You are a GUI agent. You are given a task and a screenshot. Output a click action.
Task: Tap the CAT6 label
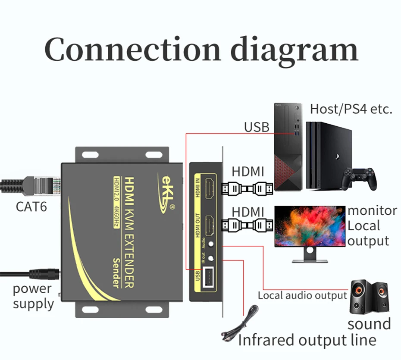pyautogui.click(x=31, y=206)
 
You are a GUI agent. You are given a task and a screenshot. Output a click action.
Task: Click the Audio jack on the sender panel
pyautogui.click(x=211, y=244)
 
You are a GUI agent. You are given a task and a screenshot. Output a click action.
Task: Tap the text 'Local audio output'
pyautogui.click(x=302, y=295)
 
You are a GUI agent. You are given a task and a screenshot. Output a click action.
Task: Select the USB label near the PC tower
pyautogui.click(x=257, y=127)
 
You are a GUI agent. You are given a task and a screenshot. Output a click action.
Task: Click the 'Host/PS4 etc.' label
pyautogui.click(x=351, y=109)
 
